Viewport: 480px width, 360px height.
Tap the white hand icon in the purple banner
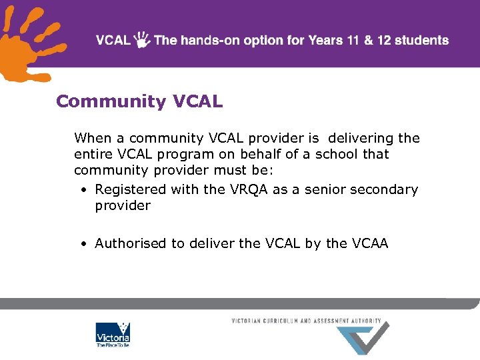tap(142, 40)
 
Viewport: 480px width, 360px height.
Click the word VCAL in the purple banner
tap(113, 40)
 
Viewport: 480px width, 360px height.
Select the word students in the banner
tap(421, 40)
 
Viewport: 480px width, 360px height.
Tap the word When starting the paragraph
tap(93, 138)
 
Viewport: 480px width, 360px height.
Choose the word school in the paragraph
tap(335, 154)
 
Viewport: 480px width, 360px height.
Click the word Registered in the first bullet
tap(131, 189)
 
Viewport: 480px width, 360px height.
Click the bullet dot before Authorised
tap(83, 244)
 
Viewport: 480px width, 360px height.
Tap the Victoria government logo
tap(113, 335)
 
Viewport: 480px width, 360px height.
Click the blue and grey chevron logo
tap(363, 338)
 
